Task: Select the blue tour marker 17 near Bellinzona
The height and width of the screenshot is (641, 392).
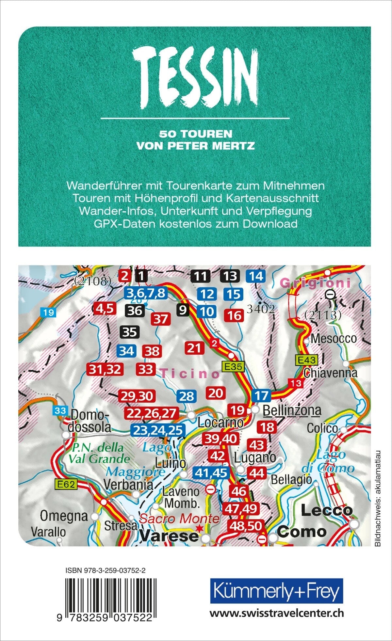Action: [261, 396]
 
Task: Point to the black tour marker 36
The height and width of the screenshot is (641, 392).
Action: [135, 311]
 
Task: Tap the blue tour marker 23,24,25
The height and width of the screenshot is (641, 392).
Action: [157, 430]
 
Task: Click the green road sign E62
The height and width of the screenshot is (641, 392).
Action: [66, 485]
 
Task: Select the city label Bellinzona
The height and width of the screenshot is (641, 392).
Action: [292, 410]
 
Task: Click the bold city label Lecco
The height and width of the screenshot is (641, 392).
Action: [326, 511]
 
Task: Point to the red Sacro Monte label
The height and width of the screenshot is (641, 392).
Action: [179, 519]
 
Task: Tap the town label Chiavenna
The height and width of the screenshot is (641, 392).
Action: [330, 373]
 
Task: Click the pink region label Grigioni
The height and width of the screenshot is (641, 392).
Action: [315, 283]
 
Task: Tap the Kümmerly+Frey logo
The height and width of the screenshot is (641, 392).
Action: [276, 591]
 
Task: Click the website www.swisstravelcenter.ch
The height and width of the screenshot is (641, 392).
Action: [276, 613]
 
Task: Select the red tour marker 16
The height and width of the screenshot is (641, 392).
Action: [234, 315]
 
